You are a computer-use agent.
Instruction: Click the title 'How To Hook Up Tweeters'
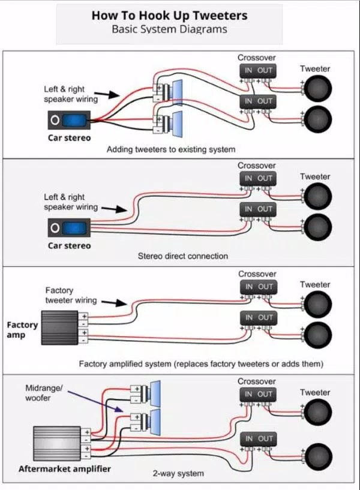point(169,16)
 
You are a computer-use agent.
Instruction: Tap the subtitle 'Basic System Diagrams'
point(169,29)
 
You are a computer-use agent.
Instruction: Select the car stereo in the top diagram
point(69,120)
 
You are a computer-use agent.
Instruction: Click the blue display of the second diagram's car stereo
point(74,228)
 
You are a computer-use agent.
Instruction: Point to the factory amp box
point(59,327)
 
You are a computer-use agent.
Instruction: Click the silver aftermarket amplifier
point(57,443)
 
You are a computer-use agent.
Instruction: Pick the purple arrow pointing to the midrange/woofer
point(95,401)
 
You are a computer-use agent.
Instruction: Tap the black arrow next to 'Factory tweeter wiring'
point(114,302)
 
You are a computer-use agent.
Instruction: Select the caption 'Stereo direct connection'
point(183,256)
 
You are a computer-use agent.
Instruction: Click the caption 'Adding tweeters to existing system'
point(171,149)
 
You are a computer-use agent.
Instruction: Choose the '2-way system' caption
point(178,473)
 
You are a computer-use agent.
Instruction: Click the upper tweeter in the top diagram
point(317,88)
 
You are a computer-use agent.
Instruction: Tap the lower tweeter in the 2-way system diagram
point(317,457)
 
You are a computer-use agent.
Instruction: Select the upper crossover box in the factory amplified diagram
point(259,287)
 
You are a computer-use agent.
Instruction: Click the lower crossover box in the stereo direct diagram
point(258,209)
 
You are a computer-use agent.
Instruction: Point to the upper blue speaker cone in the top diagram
point(177,92)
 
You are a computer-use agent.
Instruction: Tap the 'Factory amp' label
point(22,330)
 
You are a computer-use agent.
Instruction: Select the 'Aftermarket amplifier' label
point(65,469)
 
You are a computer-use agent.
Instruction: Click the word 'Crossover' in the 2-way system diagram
point(257,381)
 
